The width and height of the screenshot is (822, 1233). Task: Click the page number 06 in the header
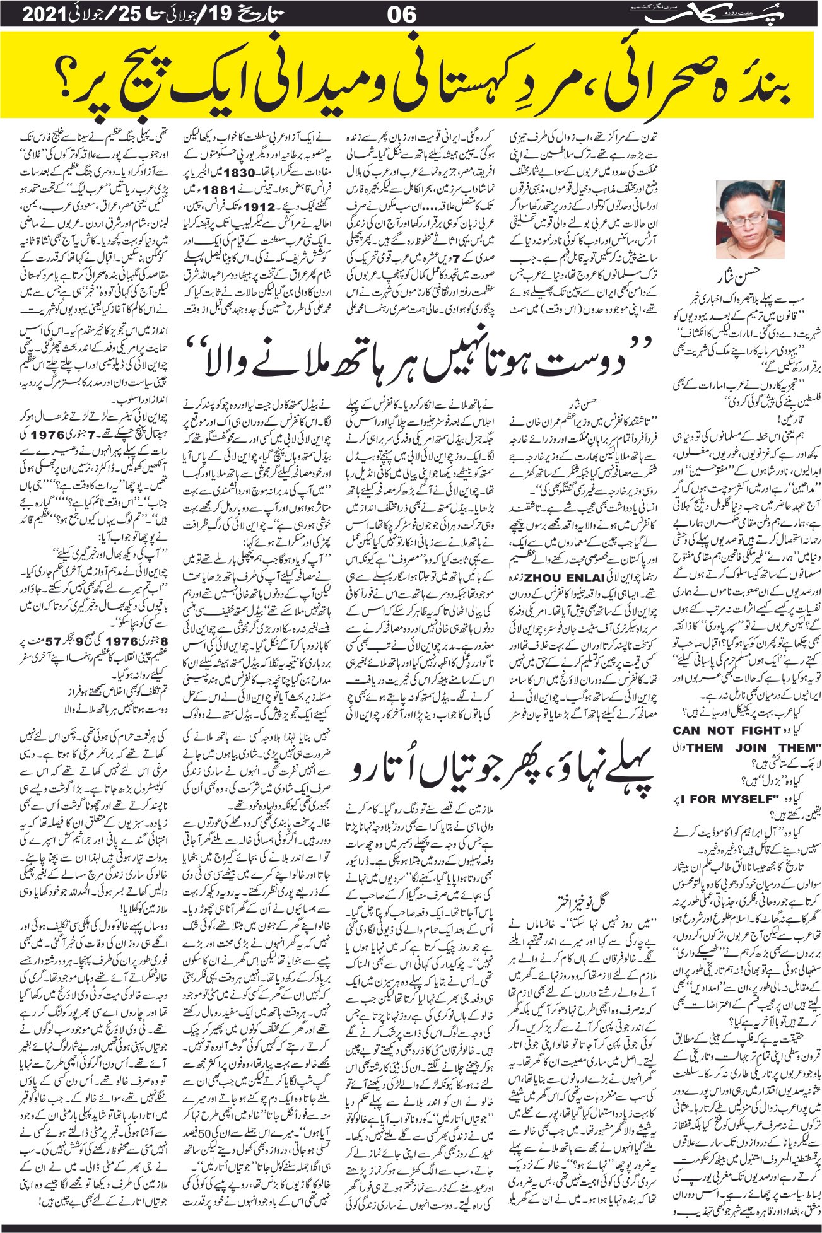[401, 14]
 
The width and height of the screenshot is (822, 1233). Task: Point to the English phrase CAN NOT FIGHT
[727, 730]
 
